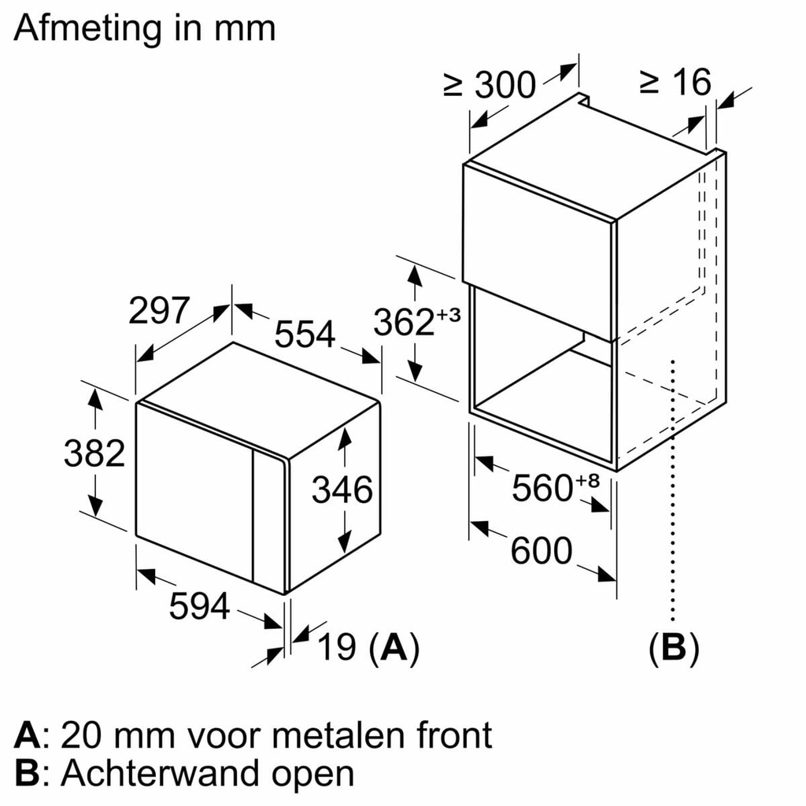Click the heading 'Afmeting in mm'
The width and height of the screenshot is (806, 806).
[x=145, y=29]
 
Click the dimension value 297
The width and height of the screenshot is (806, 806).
[x=160, y=311]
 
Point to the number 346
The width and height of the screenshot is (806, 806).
[x=342, y=490]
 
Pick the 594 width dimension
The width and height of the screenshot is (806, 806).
[x=200, y=606]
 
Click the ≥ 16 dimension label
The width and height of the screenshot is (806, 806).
[x=675, y=81]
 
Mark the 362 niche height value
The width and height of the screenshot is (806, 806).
[x=404, y=324]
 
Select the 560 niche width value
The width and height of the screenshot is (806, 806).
[x=542, y=489]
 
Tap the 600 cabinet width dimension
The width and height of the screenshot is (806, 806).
[x=542, y=551]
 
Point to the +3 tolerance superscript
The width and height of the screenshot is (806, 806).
[x=448, y=315]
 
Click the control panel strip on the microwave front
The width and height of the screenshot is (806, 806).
[x=268, y=520]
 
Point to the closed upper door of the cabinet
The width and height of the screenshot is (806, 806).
[x=538, y=244]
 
